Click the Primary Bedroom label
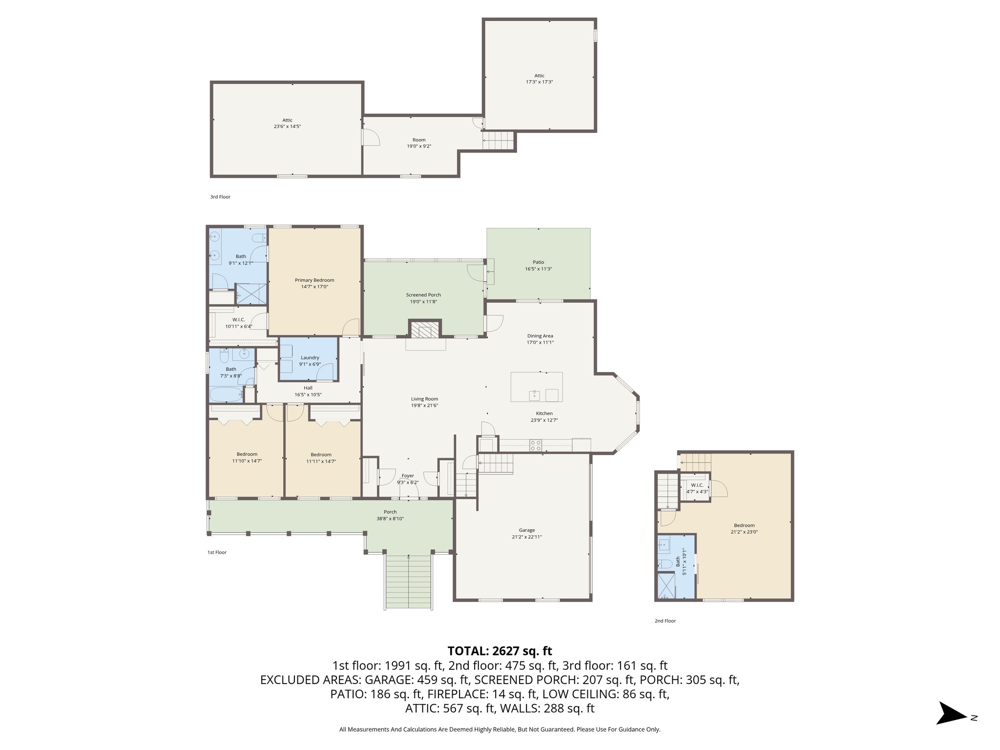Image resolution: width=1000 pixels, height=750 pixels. pyautogui.click(x=314, y=280)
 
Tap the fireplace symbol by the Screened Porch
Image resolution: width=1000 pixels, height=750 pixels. pyautogui.click(x=425, y=331)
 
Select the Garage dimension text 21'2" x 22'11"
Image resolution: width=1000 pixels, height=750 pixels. pyautogui.click(x=527, y=537)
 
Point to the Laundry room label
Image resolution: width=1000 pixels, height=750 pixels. pyautogui.click(x=310, y=357)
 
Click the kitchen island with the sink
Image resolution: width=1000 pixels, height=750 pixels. pyautogui.click(x=536, y=387)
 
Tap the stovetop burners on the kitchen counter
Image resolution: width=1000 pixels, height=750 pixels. pyautogui.click(x=536, y=445)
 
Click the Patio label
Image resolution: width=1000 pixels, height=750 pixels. pyautogui.click(x=538, y=262)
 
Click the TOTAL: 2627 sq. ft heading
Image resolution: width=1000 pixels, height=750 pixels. pyautogui.click(x=500, y=651)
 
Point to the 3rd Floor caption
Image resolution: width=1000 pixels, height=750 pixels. pyautogui.click(x=220, y=197)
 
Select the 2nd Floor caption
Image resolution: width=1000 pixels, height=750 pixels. pyautogui.click(x=665, y=621)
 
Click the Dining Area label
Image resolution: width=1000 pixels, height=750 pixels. pyautogui.click(x=540, y=336)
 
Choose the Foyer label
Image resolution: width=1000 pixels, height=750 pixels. pyautogui.click(x=408, y=476)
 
